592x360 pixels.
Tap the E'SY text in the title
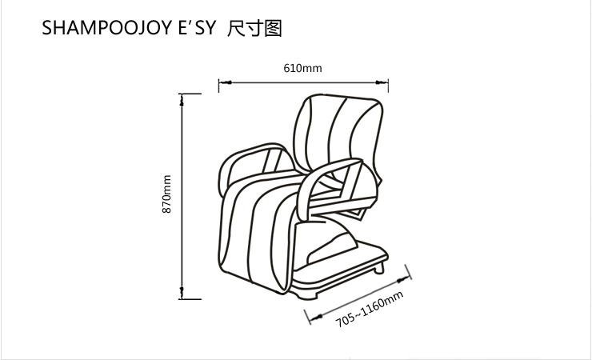(x=192, y=30)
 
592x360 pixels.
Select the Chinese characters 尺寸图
(x=255, y=30)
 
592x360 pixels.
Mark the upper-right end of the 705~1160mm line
(x=410, y=273)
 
